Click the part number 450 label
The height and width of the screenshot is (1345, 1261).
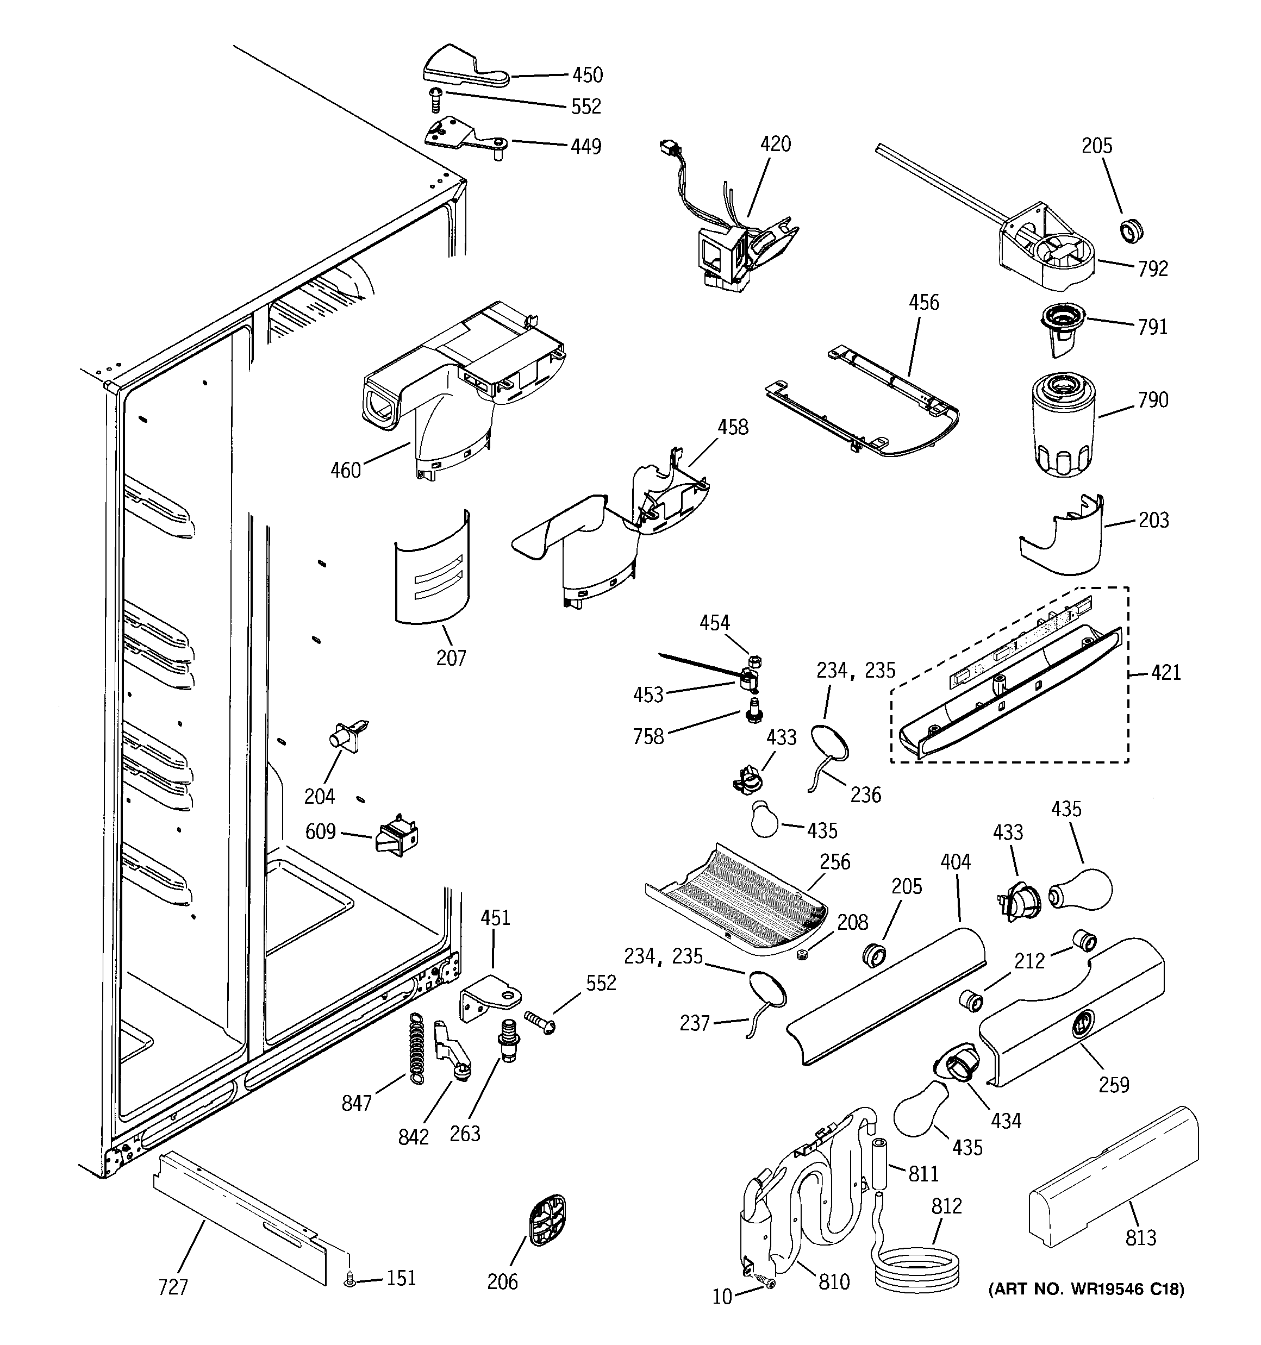pos(587,75)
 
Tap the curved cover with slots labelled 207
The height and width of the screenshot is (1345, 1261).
pos(432,568)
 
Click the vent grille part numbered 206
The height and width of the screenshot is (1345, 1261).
pos(546,1220)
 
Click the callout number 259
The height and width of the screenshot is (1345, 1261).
pos(1114,1085)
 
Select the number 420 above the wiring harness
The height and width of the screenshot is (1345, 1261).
pos(775,144)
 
